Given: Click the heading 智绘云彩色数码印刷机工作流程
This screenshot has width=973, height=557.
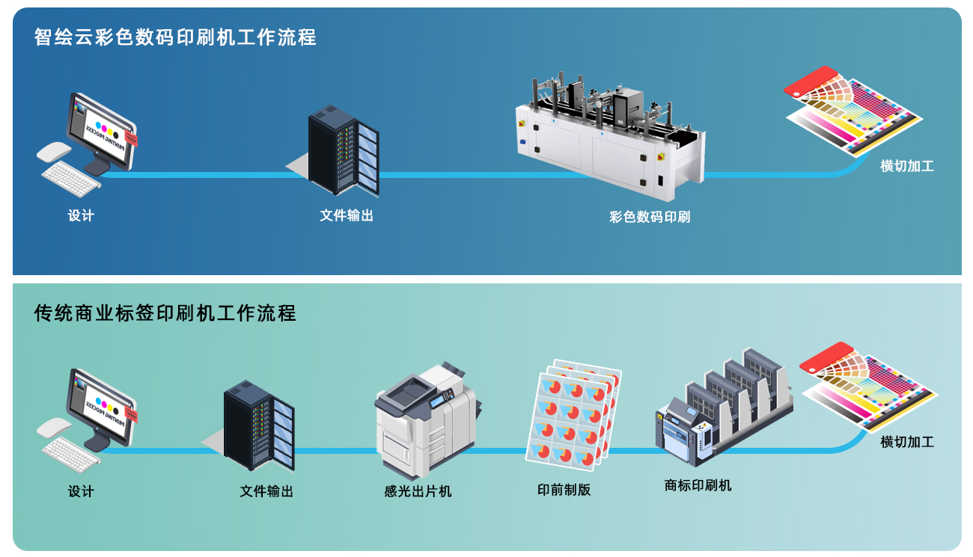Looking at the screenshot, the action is pyautogui.click(x=175, y=37).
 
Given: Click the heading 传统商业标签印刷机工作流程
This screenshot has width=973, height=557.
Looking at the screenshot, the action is pyautogui.click(x=165, y=313).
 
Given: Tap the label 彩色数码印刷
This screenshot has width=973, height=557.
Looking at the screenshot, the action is pyautogui.click(x=650, y=217).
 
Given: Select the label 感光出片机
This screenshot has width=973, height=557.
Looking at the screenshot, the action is pyautogui.click(x=418, y=491).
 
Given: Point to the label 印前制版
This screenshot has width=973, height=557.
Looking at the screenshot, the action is pyautogui.click(x=564, y=490).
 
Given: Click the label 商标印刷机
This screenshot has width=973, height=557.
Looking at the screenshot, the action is pyautogui.click(x=698, y=485).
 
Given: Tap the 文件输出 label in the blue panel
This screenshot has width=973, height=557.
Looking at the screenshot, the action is pyautogui.click(x=347, y=215).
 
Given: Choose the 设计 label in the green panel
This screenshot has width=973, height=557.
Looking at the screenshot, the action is pyautogui.click(x=81, y=491).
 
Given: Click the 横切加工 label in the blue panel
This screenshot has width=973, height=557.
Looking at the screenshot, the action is pyautogui.click(x=907, y=166).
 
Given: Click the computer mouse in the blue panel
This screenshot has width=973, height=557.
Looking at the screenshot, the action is pyautogui.click(x=54, y=151).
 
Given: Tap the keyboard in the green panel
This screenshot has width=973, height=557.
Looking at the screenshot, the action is pyautogui.click(x=71, y=452).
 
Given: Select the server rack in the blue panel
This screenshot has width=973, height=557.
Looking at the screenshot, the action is pyautogui.click(x=343, y=150).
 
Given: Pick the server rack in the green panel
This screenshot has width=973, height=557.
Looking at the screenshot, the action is pyautogui.click(x=259, y=425).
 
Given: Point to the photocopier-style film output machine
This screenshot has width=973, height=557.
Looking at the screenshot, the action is pyautogui.click(x=428, y=419).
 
